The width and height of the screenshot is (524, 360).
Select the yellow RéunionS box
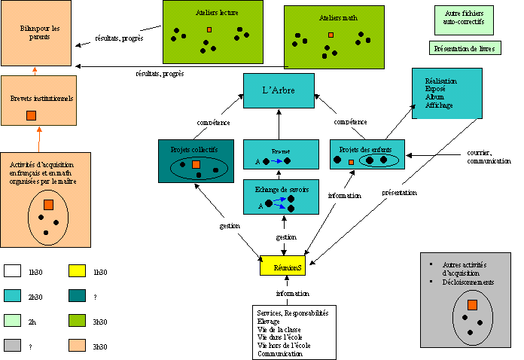[x=282, y=266]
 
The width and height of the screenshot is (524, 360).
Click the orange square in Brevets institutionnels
[x=31, y=115]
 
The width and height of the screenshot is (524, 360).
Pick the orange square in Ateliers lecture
[x=209, y=29]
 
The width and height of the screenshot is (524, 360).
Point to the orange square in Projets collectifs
[x=196, y=164]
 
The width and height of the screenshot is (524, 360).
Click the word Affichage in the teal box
[x=439, y=105]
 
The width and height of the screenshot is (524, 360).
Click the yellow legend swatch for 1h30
[x=78, y=271]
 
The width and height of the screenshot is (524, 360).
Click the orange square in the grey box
[x=471, y=304]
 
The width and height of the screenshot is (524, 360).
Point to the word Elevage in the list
[x=268, y=319]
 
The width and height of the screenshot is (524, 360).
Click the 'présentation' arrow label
[x=399, y=192]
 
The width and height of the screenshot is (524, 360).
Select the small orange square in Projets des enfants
[x=351, y=163]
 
